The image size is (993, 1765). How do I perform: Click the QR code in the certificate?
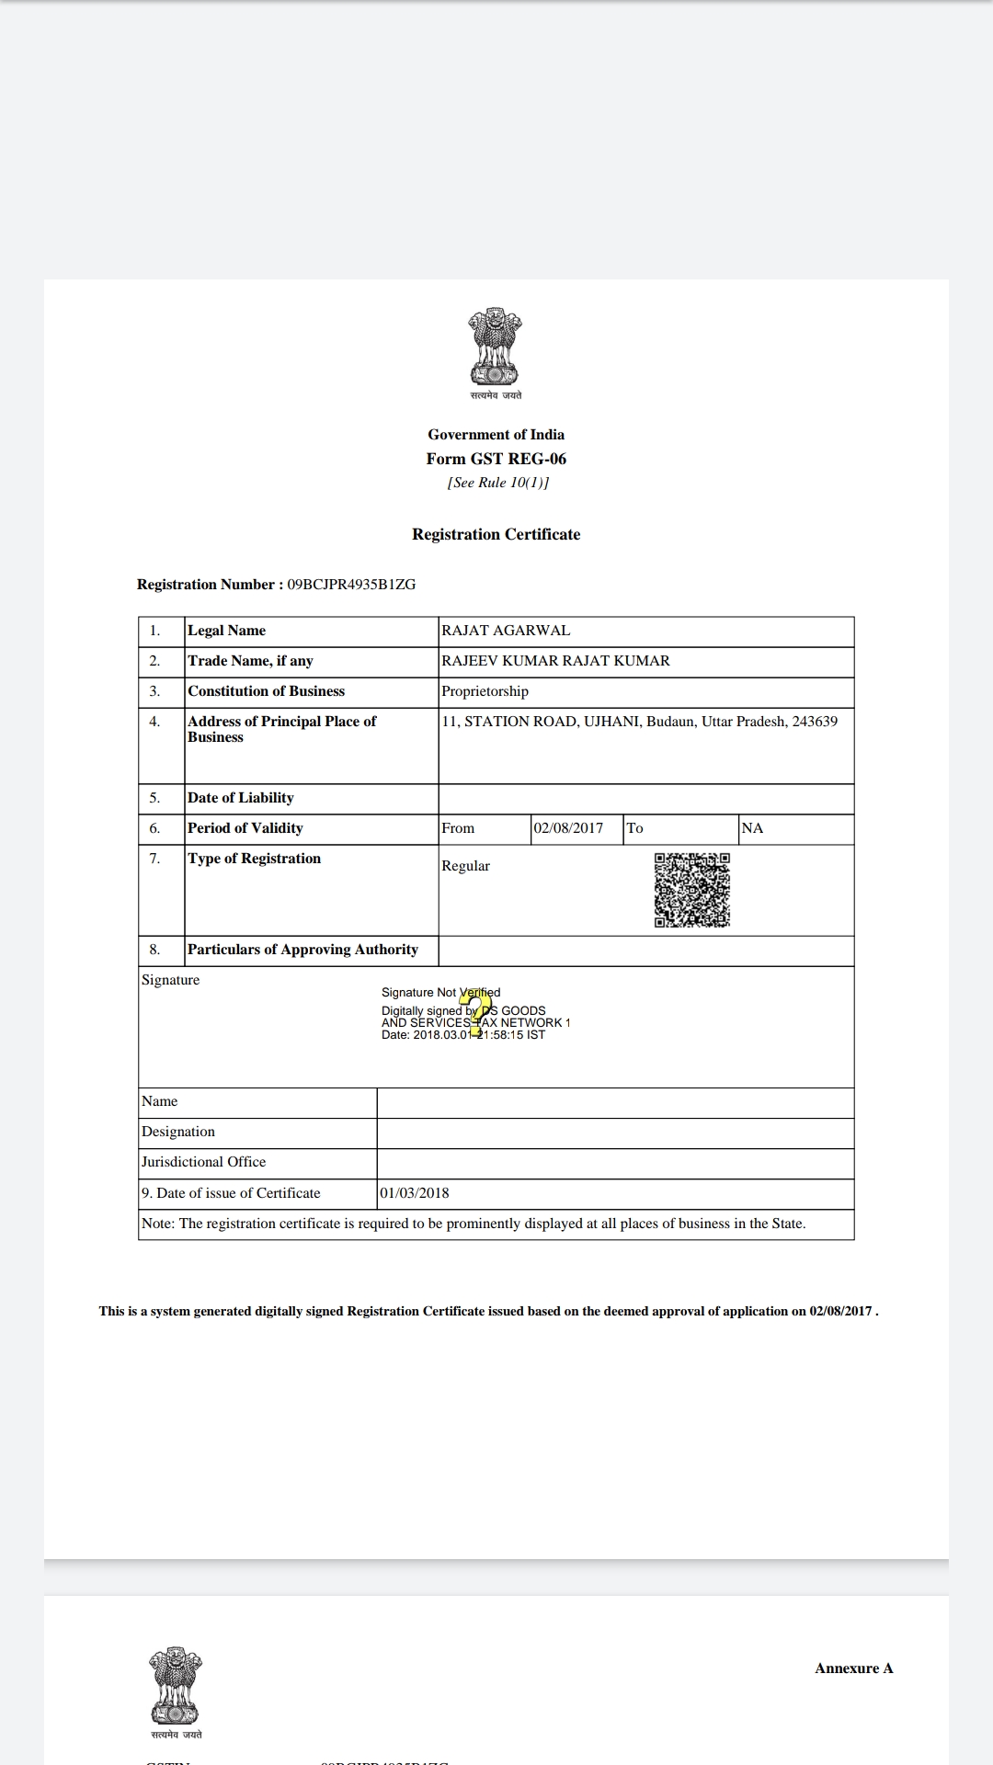pos(692,890)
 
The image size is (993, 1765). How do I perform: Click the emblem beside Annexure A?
pos(177,1687)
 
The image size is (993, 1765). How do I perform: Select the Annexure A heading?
pos(853,1668)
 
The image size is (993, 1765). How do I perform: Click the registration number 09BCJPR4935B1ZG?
pos(351,585)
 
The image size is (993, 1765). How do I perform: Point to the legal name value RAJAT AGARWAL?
pos(506,631)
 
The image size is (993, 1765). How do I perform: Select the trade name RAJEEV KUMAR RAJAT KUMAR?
pos(555,661)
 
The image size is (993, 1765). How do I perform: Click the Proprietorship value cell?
pos(485,691)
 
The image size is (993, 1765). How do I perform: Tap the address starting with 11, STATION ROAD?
pos(639,722)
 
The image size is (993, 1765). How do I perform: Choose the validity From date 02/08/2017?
pos(568,828)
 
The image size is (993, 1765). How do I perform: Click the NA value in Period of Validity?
pos(752,828)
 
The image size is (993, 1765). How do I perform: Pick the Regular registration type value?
pos(465,866)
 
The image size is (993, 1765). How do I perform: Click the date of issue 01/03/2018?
pos(414,1193)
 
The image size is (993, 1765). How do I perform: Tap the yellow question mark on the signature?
pos(474,1015)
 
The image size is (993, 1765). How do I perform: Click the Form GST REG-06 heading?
pos(496,459)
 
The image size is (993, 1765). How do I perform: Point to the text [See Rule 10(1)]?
pos(497,483)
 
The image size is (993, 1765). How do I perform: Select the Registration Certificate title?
pos(496,534)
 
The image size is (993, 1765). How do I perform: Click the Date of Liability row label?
pos(241,798)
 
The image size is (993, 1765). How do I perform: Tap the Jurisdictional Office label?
pos(203,1162)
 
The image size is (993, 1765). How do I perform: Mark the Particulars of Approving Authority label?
pos(302,950)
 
